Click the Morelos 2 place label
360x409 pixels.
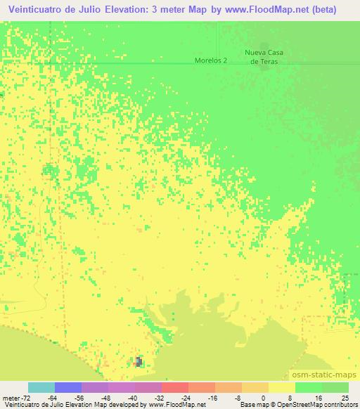(x=211, y=60)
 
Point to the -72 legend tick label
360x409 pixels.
(x=18, y=397)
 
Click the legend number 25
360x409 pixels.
(x=344, y=397)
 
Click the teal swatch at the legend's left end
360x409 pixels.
(x=41, y=387)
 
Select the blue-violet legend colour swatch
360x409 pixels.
(x=68, y=387)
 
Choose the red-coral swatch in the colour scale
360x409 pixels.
(x=175, y=387)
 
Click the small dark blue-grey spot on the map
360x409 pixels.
(x=139, y=361)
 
